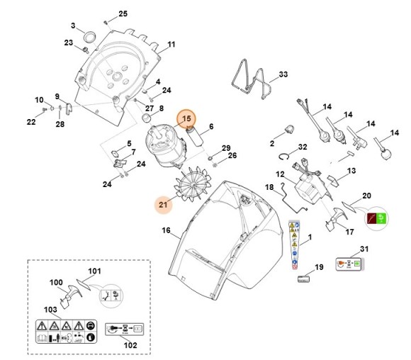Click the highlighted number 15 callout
click(187, 119)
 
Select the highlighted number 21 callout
click(163, 206)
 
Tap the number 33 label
click(283, 74)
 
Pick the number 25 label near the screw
click(123, 14)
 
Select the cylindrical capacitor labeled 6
click(196, 137)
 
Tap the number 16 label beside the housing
click(166, 230)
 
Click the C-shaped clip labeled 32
click(283, 157)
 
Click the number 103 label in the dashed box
click(50, 310)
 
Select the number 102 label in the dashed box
click(130, 345)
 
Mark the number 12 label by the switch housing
click(280, 174)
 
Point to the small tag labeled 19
click(303, 279)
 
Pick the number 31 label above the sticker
click(365, 249)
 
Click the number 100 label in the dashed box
click(56, 283)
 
